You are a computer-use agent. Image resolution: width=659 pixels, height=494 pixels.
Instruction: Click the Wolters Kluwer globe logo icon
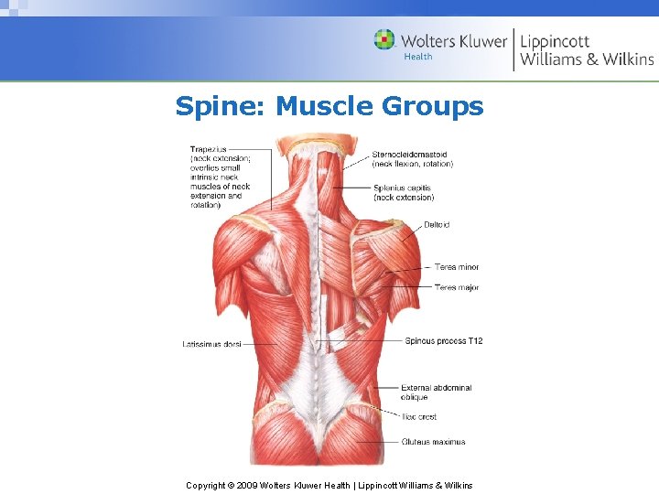(x=384, y=39)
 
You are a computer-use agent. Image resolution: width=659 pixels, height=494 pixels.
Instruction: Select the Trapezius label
(x=209, y=149)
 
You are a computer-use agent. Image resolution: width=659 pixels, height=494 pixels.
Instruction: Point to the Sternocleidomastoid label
(x=409, y=155)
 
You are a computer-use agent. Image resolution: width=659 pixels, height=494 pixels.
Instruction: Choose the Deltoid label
(x=437, y=225)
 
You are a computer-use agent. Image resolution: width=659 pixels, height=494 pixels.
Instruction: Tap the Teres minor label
(x=457, y=267)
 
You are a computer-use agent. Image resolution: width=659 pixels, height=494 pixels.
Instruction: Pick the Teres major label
(x=457, y=288)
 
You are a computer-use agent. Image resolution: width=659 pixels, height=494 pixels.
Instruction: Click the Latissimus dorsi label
(x=211, y=344)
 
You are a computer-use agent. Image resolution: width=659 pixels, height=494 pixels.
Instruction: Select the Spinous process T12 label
(x=444, y=341)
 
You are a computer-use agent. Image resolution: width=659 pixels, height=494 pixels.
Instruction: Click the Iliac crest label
(x=418, y=417)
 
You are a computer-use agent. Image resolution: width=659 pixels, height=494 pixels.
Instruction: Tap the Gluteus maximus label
(x=433, y=442)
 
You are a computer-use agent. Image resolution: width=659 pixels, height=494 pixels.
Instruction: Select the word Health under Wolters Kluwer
(x=417, y=58)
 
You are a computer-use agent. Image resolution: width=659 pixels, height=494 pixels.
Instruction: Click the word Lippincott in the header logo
(x=555, y=40)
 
